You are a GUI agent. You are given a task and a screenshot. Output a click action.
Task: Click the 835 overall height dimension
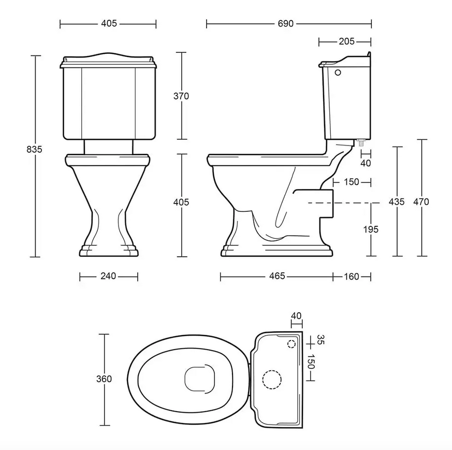(x=34, y=149)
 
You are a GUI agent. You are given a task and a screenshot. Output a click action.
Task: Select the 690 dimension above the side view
(x=285, y=24)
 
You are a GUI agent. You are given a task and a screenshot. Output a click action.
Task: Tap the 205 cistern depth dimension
(x=346, y=41)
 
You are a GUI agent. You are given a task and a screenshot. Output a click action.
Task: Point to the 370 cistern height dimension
(x=181, y=96)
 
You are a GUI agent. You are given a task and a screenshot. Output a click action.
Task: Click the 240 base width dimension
(x=108, y=276)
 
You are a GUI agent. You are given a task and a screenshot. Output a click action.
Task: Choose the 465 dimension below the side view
(x=277, y=276)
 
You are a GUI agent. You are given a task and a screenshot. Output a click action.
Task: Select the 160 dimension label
(x=352, y=277)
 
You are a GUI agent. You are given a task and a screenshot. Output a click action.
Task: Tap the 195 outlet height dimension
(x=371, y=229)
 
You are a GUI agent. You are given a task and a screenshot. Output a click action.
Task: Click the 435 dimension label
(x=397, y=202)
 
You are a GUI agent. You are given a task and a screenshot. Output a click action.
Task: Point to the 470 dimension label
(x=421, y=202)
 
